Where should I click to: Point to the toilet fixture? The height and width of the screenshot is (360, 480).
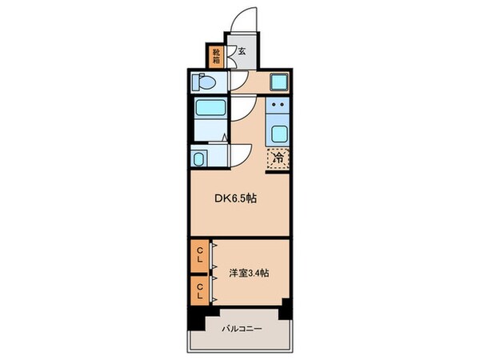pos(204,82)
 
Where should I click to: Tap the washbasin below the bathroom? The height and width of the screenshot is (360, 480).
pos(200,158)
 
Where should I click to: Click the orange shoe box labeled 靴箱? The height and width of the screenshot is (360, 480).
pos(216,56)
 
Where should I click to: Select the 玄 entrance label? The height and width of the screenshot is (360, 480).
pos(242,54)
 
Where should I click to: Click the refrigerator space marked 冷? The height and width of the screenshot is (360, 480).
pos(277,159)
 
